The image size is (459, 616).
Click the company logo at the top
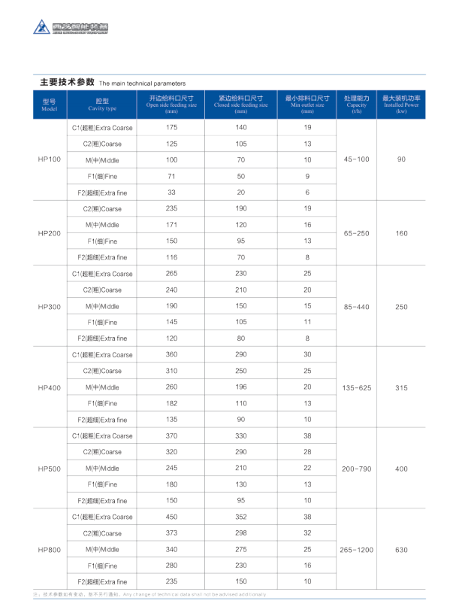click(71, 27)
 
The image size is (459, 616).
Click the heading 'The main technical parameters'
click(142, 83)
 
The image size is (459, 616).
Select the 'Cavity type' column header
click(102, 105)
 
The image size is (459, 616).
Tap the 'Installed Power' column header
click(401, 105)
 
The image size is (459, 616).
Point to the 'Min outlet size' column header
click(307, 105)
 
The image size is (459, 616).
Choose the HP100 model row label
click(49, 160)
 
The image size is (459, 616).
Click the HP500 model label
click(49, 469)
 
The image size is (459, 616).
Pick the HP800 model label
click(49, 550)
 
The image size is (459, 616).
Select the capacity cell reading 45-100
click(356, 160)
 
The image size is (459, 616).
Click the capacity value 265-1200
click(356, 550)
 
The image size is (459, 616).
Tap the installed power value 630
click(401, 550)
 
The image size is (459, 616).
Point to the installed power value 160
click(401, 233)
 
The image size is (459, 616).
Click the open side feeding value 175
click(171, 128)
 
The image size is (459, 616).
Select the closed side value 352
click(240, 517)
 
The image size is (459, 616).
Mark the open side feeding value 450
click(171, 517)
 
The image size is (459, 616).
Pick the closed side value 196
click(240, 387)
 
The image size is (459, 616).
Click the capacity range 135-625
click(356, 387)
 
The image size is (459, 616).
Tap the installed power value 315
click(401, 387)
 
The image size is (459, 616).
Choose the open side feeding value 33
click(171, 193)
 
